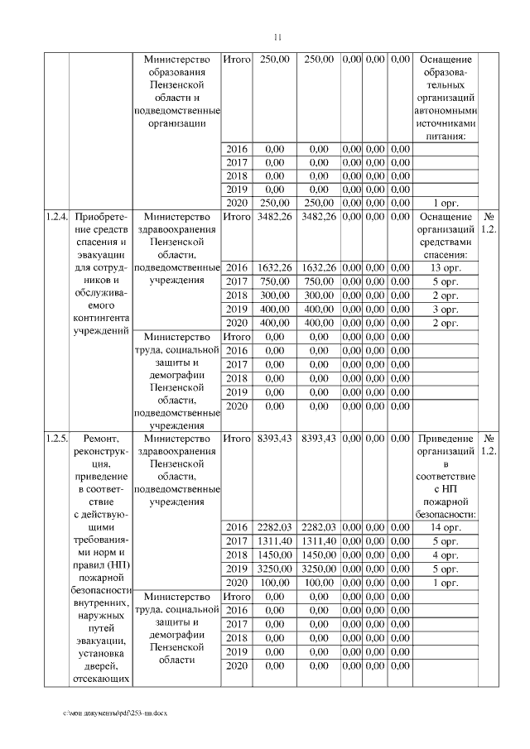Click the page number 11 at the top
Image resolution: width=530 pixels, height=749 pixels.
click(x=277, y=37)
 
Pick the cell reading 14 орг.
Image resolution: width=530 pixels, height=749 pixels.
click(x=446, y=527)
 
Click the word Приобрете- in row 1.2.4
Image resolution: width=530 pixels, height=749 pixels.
click(x=99, y=218)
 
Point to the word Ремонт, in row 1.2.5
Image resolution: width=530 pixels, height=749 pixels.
click(x=99, y=438)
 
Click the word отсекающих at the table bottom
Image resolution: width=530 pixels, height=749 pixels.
click(x=99, y=680)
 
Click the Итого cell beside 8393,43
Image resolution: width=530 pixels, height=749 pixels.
click(x=238, y=438)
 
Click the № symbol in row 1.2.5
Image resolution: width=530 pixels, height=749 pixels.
click(x=489, y=438)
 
